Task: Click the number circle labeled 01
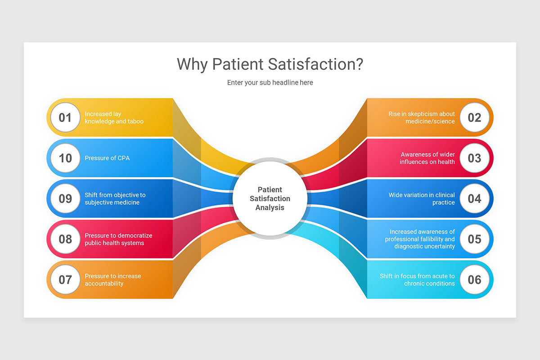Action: coord(65,117)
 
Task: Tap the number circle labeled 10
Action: coord(65,158)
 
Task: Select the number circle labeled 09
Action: coord(65,198)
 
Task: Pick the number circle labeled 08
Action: coord(65,239)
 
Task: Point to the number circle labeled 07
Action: coord(65,279)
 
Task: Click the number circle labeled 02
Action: coord(474,117)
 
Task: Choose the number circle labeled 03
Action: coord(474,158)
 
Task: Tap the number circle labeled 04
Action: coord(474,198)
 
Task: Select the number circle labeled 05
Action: coord(474,239)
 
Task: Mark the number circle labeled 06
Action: coord(474,279)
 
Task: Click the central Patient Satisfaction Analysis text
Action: coord(270,198)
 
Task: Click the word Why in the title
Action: coord(192,64)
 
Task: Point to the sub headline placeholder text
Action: coord(270,82)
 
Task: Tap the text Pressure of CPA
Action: coord(107,158)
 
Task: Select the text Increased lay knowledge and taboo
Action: coord(114,117)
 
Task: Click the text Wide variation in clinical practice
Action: coord(422,198)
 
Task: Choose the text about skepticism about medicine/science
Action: coord(422,117)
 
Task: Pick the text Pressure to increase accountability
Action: coord(112,279)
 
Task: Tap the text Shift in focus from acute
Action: coord(417,279)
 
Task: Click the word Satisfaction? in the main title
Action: coord(315,64)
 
